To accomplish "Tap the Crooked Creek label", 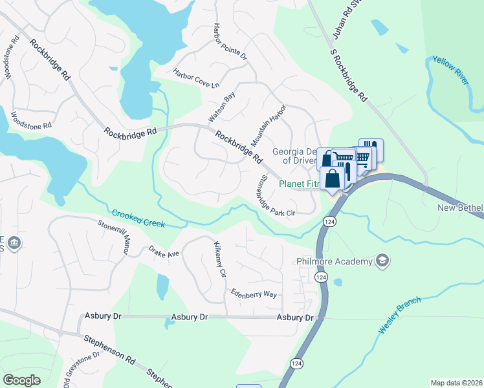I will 138,219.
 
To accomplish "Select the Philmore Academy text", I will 334,261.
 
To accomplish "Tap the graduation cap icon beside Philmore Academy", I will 382,260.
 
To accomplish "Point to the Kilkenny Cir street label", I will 220,259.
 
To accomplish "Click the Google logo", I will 22,380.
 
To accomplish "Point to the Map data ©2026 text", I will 456,383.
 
